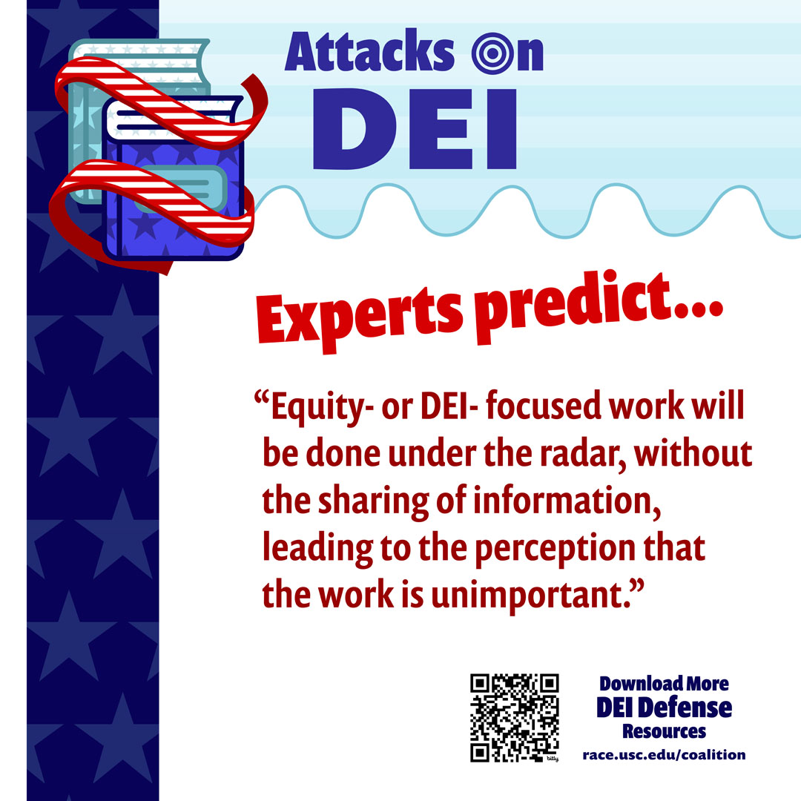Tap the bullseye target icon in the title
493,53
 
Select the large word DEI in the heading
415,129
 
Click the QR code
515,718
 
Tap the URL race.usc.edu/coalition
664,754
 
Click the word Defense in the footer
685,708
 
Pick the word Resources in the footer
664,731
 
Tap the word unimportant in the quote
532,595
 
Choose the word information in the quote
567,501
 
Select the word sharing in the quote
373,501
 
